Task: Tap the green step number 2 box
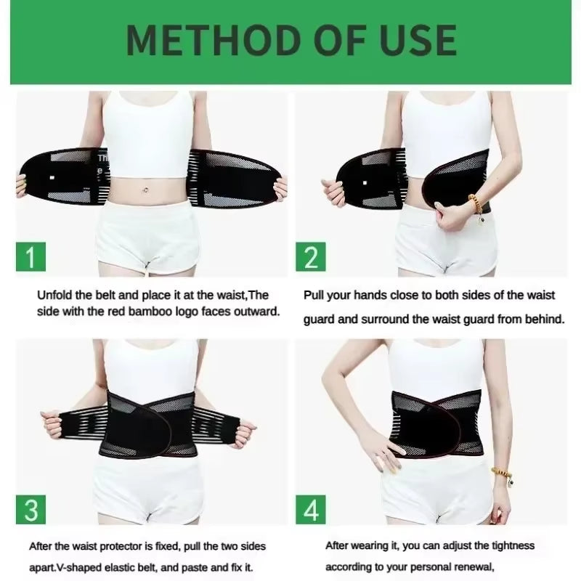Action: pyautogui.click(x=311, y=258)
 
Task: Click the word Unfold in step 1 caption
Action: pyautogui.click(x=56, y=296)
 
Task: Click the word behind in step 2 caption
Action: pyautogui.click(x=545, y=319)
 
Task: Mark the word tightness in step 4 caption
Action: pyautogui.click(x=510, y=545)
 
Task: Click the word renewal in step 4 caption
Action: pyautogui.click(x=471, y=566)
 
